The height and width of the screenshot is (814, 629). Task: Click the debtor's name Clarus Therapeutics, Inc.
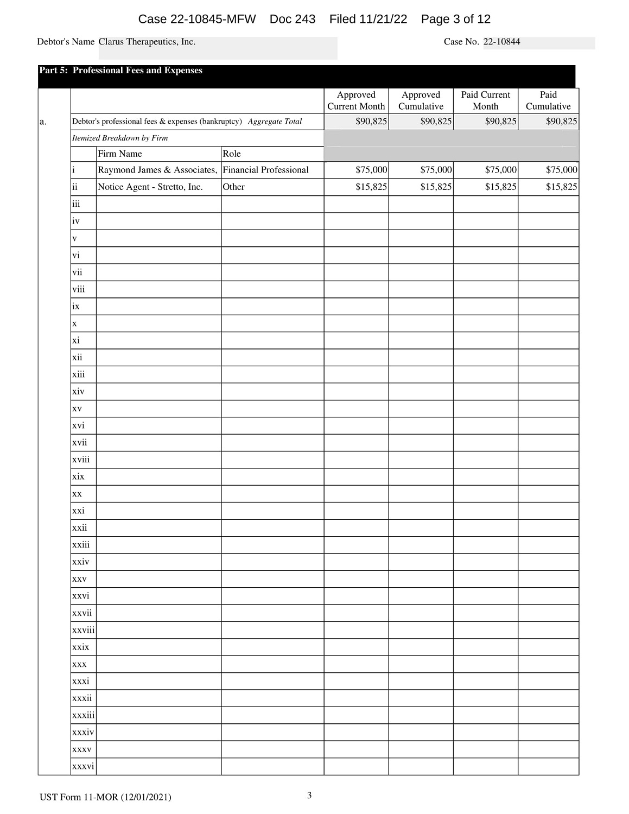147,42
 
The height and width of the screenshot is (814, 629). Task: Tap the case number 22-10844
501,42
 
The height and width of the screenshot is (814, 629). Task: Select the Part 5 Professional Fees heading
120,71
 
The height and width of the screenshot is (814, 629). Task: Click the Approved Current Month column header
356,100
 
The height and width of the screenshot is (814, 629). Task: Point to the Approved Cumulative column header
421,100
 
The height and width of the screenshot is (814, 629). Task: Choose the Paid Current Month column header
485,100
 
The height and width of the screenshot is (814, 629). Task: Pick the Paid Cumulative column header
548,100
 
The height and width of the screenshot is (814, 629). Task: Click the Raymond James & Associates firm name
157,170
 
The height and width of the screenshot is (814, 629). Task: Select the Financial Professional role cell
265,170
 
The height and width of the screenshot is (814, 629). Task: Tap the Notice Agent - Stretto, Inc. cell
150,187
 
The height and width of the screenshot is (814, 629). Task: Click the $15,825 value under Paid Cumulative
561,187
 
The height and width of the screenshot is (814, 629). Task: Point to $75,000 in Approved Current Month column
371,170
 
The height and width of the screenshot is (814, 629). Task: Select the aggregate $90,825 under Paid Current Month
500,121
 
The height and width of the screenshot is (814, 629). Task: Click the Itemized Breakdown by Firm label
120,138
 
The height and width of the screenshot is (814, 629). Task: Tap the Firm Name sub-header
120,154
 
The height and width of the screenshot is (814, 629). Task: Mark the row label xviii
81,460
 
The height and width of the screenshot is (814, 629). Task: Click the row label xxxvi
83,766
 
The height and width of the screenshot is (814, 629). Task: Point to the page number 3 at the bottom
309,796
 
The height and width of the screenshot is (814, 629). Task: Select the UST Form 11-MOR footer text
105,797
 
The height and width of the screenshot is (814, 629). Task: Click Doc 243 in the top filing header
292,20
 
